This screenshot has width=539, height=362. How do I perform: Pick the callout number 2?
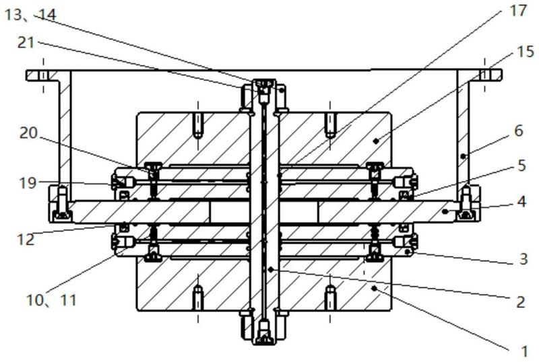(519, 302)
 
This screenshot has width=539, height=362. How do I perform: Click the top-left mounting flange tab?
(41, 75)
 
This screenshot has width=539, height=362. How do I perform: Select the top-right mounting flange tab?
(486, 75)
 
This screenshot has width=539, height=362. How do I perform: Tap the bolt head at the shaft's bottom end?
(264, 333)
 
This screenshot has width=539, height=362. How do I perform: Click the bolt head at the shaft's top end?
(264, 87)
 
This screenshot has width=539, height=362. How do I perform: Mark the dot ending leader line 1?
(373, 287)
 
